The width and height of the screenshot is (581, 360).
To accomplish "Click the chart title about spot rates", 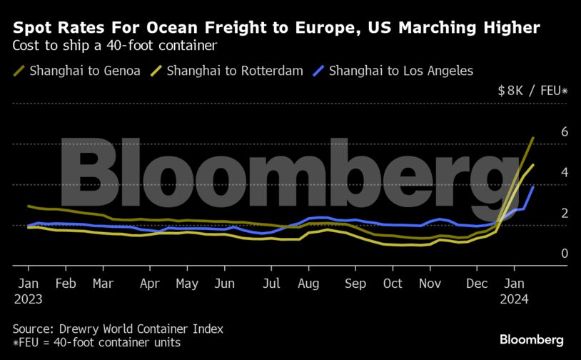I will [276, 28].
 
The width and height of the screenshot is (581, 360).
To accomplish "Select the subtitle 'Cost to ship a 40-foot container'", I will [115, 46].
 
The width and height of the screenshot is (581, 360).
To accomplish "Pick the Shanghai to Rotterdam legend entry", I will [235, 71].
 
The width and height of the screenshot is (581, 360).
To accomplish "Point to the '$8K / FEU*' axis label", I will [532, 91].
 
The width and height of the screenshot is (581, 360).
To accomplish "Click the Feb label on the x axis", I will [66, 284].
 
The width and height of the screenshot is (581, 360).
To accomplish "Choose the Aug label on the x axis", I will [309, 284].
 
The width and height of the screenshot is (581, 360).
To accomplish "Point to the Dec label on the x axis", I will [476, 284].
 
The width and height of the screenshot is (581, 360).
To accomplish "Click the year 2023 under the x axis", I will [29, 299].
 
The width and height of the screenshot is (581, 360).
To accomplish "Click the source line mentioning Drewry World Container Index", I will [118, 329].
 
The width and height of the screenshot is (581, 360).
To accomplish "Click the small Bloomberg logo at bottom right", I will [532, 340].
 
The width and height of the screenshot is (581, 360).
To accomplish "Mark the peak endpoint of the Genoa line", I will [533, 137].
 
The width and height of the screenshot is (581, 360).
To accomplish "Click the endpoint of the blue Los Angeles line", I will [533, 187].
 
